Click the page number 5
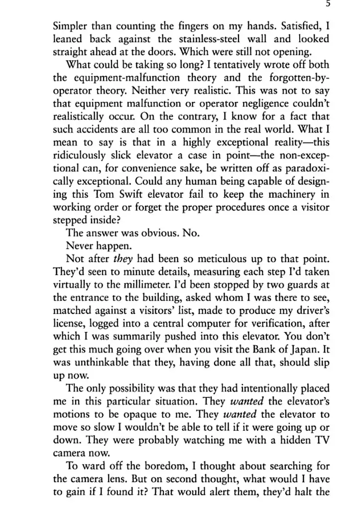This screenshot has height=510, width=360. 327,3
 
